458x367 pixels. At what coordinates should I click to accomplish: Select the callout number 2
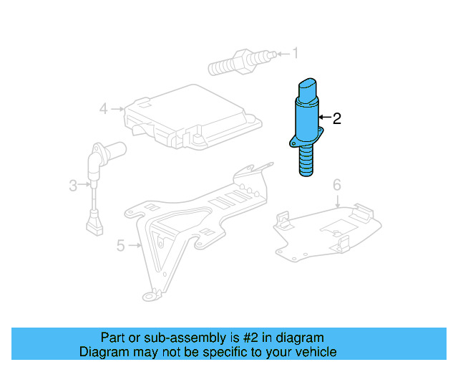[336, 118]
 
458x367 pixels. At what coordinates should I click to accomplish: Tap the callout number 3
[73, 186]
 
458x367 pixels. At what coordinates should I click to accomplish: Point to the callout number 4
[103, 109]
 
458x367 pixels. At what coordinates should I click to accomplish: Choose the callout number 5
[120, 246]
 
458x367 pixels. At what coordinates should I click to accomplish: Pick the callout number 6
[336, 186]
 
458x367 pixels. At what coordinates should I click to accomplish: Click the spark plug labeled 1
[240, 61]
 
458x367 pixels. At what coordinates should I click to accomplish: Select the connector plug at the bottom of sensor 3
[93, 227]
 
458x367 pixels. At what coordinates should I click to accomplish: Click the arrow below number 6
[336, 201]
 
